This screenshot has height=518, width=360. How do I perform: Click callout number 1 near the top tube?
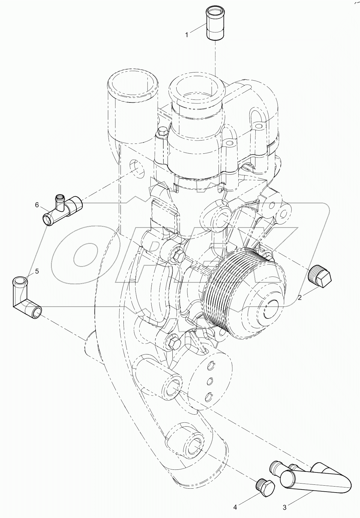coord(186,35)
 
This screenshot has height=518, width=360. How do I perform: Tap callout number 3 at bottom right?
coord(284,507)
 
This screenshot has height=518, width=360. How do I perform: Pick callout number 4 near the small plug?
coord(235,507)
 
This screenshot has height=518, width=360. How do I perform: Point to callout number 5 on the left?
coord(37,271)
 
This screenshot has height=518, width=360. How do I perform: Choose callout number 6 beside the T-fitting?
coord(37,205)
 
